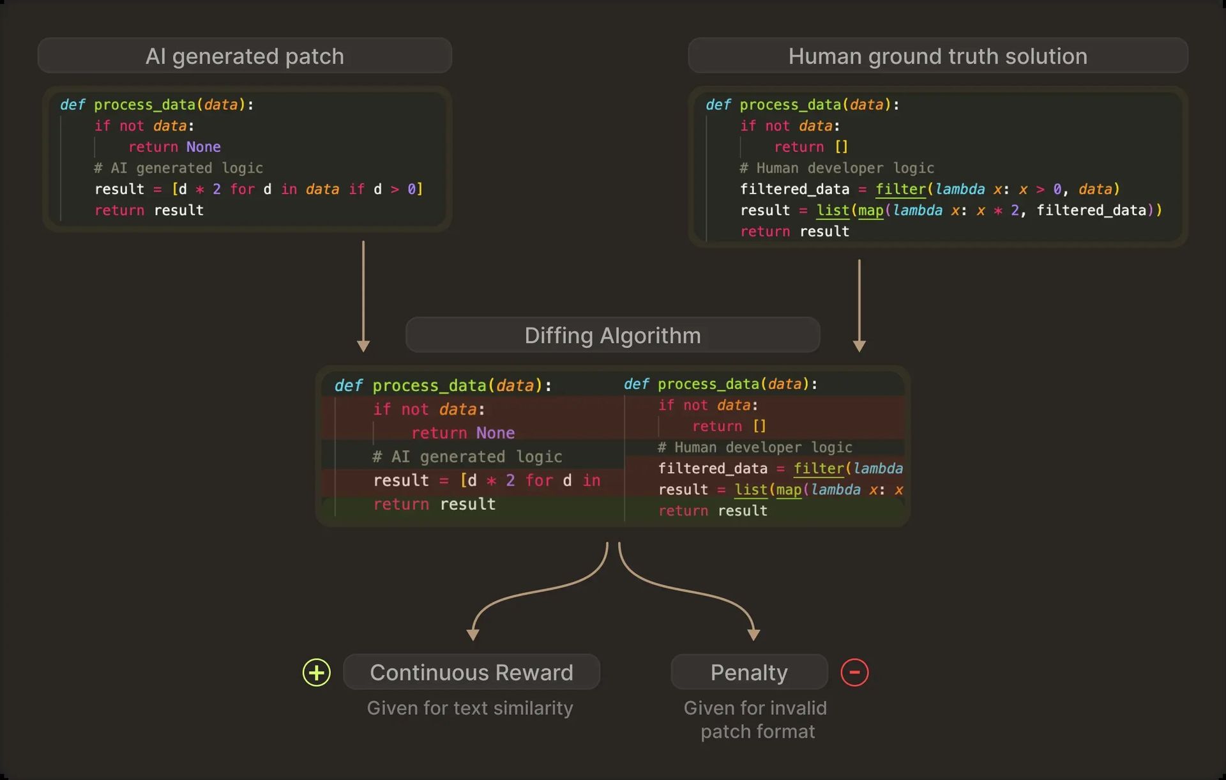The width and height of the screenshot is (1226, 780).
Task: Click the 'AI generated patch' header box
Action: [245, 56]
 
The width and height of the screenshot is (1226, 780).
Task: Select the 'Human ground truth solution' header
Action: [937, 56]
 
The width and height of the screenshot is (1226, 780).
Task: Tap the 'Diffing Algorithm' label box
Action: [612, 335]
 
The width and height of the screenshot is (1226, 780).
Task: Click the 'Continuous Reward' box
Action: [471, 672]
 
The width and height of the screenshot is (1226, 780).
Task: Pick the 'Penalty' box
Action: [749, 672]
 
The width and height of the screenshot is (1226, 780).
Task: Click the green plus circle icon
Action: [316, 672]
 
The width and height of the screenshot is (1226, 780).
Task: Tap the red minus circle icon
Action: [854, 672]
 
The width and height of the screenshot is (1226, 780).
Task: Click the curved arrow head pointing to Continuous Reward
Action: [473, 634]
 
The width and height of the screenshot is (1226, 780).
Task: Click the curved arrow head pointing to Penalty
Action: [753, 634]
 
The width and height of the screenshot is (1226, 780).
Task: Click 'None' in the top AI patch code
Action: [203, 147]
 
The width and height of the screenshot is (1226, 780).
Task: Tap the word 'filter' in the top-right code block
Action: [900, 189]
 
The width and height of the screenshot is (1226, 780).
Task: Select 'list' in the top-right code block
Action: [833, 210]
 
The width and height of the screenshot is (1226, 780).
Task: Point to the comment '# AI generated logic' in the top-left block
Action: [178, 168]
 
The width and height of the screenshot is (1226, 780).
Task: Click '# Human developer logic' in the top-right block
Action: [836, 168]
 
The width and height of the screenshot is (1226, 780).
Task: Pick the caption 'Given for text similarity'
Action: [470, 708]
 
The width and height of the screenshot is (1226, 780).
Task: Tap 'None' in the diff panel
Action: [495, 433]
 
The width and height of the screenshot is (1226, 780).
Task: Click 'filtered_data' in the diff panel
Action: [713, 468]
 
